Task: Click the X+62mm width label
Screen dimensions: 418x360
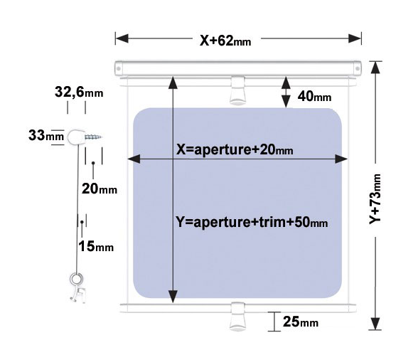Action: pyautogui.click(x=225, y=41)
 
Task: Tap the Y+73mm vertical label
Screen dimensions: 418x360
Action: pyautogui.click(x=375, y=198)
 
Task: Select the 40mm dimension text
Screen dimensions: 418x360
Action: pyautogui.click(x=314, y=96)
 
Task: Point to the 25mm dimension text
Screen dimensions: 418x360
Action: pyautogui.click(x=301, y=322)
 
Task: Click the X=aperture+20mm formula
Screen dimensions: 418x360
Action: pyautogui.click(x=235, y=149)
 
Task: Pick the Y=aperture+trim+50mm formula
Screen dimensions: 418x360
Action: pyautogui.click(x=252, y=222)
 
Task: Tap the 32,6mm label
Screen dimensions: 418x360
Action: pyautogui.click(x=79, y=92)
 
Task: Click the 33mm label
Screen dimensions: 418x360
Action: pyautogui.click(x=46, y=135)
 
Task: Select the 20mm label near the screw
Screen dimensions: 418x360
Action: pyautogui.click(x=100, y=189)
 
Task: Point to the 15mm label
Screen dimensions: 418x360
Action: pyautogui.click(x=96, y=246)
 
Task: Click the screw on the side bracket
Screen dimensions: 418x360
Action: pyautogui.click(x=93, y=137)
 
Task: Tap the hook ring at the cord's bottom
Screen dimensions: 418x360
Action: pyautogui.click(x=76, y=280)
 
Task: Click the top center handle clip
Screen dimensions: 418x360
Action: pyautogui.click(x=237, y=90)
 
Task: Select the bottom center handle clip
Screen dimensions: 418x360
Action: pyautogui.click(x=237, y=317)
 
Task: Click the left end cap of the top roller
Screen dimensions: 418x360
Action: pyautogui.click(x=118, y=69)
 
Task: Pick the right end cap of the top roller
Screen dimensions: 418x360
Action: pyautogui.click(x=358, y=69)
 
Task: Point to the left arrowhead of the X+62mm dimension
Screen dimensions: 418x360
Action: pyautogui.click(x=122, y=38)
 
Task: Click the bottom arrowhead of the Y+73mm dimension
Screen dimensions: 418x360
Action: pyautogui.click(x=375, y=324)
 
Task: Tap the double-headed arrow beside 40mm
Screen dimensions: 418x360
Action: pyautogui.click(x=286, y=92)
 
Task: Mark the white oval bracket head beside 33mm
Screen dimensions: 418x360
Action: pyautogui.click(x=77, y=137)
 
